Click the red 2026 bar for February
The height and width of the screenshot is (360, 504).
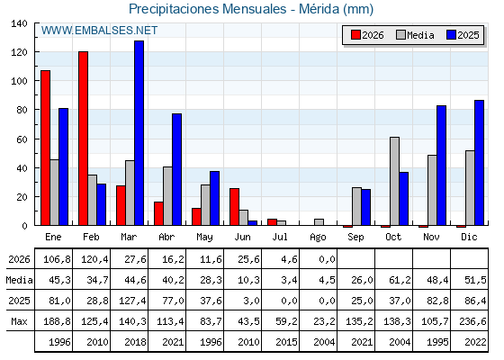click(83, 139)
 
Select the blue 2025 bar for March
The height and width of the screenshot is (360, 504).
click(139, 133)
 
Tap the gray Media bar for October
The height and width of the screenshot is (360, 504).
click(395, 181)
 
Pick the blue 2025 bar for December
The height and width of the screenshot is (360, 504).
click(479, 163)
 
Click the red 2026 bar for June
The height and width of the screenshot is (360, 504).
click(234, 207)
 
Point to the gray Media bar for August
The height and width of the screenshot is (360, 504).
click(319, 222)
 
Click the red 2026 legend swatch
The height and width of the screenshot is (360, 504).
click(355, 35)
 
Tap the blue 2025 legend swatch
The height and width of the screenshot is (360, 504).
click(451, 35)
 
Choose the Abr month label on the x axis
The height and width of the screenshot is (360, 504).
click(166, 237)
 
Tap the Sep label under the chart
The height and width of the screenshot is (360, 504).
click(355, 238)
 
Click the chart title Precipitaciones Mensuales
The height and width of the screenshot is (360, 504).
click(207, 9)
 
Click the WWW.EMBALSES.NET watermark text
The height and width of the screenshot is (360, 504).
click(99, 31)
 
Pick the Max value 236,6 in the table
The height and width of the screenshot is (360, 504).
click(472, 321)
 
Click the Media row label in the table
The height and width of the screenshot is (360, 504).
click(19, 280)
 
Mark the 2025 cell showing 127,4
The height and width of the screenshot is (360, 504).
click(132, 301)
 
